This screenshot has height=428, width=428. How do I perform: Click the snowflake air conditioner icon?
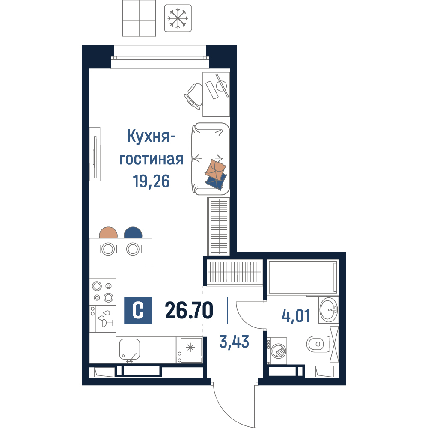tap(178, 18)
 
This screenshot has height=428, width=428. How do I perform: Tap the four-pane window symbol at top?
tap(139, 18)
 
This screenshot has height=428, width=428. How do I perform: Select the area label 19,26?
tap(151, 181)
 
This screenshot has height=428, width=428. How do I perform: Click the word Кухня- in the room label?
tap(151, 136)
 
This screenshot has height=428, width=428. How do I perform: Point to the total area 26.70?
tap(189, 310)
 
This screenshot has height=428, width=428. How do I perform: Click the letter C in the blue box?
tap(138, 310)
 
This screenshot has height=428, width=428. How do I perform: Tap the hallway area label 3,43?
tap(234, 342)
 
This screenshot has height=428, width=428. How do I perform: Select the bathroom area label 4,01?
tap(296, 316)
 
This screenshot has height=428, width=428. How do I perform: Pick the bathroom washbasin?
tap(328, 309)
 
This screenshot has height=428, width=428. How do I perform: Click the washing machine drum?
tap(279, 351)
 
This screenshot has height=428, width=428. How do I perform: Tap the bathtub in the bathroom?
tap(303, 277)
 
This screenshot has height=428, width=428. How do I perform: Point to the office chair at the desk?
tap(193, 96)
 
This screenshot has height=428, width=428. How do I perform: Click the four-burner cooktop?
tap(103, 292)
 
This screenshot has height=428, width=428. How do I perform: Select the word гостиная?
tap(151, 159)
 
